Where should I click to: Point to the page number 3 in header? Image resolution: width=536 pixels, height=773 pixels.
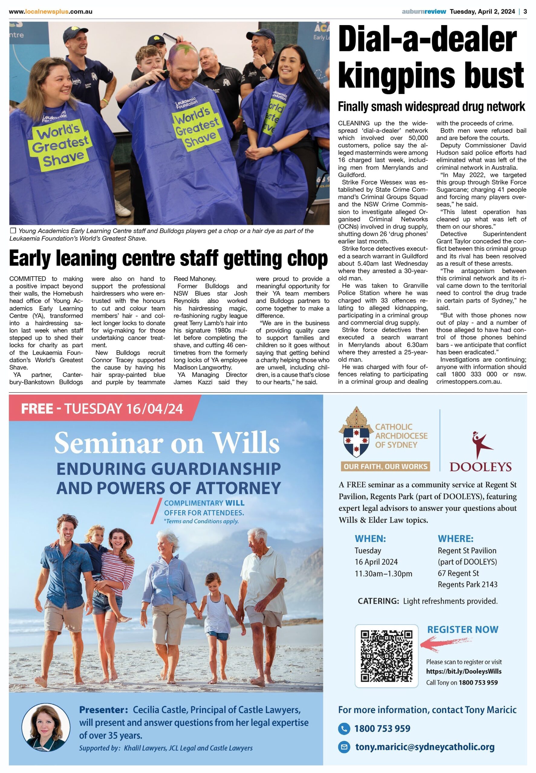(525, 11)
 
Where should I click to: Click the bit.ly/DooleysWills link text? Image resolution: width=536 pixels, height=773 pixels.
(463, 671)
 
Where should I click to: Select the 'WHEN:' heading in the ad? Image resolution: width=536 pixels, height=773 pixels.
(370, 539)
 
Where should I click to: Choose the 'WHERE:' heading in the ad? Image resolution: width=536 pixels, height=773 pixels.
(455, 539)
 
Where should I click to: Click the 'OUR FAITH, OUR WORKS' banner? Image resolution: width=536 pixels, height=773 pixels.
(385, 466)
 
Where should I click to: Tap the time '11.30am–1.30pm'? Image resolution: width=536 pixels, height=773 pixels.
(383, 573)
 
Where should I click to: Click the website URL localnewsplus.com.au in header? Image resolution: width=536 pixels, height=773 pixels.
(50, 11)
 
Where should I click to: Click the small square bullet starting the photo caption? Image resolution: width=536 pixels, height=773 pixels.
(13, 230)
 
